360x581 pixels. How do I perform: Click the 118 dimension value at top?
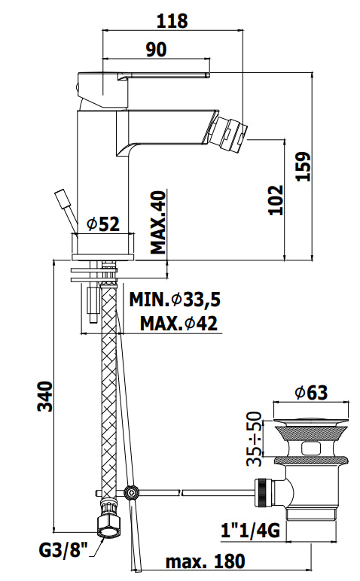coord(172,21)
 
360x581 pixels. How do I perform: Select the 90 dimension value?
coord(156,50)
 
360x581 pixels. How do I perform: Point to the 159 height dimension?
coord(304,166)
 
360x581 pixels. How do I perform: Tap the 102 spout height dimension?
coord(276,200)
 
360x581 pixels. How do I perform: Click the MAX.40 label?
coord(158,222)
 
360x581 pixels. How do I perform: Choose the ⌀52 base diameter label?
coord(103,224)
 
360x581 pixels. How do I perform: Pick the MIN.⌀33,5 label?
coord(175,300)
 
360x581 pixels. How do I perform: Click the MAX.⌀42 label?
coord(178,324)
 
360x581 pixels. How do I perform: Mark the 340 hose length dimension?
coord(45,396)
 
